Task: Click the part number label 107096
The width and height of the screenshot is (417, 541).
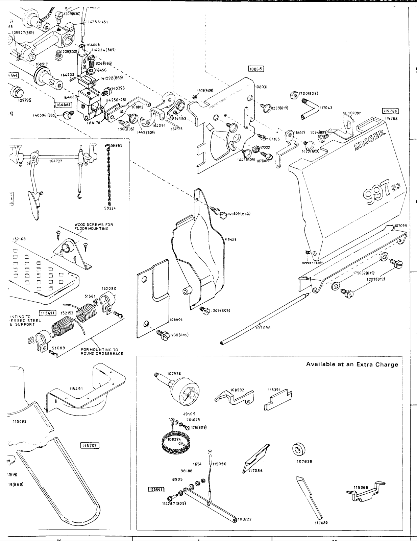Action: (263, 327)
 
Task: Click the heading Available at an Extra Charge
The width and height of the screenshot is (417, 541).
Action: (352, 364)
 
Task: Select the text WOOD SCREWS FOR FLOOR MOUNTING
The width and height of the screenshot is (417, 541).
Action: (94, 227)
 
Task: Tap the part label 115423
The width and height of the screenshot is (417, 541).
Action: (230, 239)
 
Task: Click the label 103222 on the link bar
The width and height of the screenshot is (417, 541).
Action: (246, 519)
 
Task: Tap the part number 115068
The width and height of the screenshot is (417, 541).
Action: (361, 487)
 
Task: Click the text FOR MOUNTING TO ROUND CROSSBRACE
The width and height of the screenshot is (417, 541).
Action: (102, 352)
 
